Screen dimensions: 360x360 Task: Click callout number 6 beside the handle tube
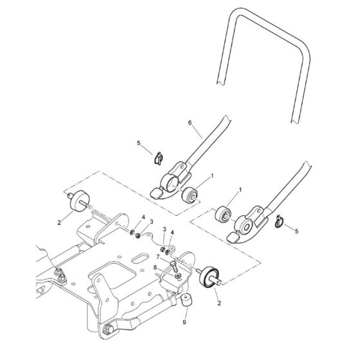190,123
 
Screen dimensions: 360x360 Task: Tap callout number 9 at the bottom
184,322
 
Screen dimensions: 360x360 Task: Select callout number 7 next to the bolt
158,256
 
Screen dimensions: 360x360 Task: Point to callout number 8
155,267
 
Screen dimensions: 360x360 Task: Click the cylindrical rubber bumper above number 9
186,300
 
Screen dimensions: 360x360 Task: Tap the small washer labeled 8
177,276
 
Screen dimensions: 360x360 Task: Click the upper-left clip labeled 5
158,158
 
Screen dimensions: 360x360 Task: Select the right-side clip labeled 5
279,221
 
